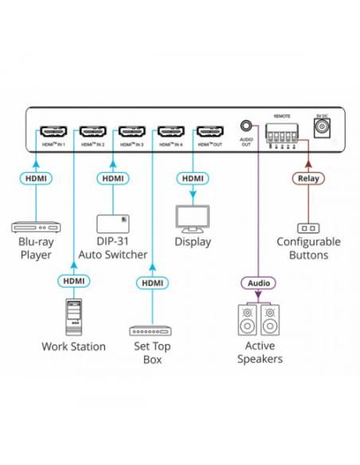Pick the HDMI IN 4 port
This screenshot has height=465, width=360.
170,131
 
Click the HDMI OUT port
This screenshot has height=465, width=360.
209,131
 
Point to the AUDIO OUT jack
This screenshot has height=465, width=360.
247,126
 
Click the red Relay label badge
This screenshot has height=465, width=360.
307,178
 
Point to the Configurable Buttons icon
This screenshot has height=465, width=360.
307,226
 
